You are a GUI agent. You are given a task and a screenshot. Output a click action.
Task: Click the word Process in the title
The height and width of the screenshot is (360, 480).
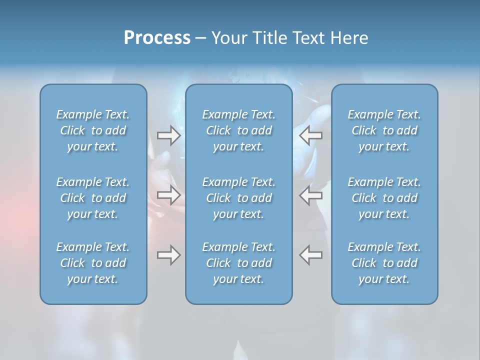pyautogui.click(x=157, y=38)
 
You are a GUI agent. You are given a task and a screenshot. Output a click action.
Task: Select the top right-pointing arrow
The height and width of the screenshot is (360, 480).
pyautogui.click(x=168, y=135)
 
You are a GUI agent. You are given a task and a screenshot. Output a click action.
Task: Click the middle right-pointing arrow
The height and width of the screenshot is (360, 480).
pyautogui.click(x=168, y=195)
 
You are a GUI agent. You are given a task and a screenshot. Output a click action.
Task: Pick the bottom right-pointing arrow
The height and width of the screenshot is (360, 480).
pyautogui.click(x=168, y=255)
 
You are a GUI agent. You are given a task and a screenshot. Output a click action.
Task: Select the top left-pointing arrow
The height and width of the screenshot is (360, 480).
pyautogui.click(x=311, y=135)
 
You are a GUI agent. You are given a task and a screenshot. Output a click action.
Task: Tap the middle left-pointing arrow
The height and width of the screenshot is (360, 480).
pyautogui.click(x=311, y=195)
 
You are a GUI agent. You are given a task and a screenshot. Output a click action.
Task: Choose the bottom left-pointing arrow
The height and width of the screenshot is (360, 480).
pyautogui.click(x=311, y=255)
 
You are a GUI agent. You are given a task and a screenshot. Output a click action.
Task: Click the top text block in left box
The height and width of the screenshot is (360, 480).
pyautogui.click(x=93, y=130)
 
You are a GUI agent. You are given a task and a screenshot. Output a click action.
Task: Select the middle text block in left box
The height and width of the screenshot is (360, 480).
pyautogui.click(x=93, y=198)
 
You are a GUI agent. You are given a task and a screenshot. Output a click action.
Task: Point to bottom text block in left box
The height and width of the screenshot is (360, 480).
pyautogui.click(x=93, y=263)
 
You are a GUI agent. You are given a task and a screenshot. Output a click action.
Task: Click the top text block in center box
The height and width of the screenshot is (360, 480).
pyautogui.click(x=239, y=130)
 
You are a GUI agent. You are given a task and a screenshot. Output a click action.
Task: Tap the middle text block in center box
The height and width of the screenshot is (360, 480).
pyautogui.click(x=239, y=198)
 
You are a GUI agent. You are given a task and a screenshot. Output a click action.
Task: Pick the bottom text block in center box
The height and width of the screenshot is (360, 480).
pyautogui.click(x=239, y=263)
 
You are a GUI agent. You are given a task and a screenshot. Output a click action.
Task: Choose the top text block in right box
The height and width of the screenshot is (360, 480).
pyautogui.click(x=384, y=130)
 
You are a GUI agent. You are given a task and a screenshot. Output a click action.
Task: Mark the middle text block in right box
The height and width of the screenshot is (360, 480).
pyautogui.click(x=384, y=198)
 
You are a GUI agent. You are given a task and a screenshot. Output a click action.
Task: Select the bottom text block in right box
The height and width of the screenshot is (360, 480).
pyautogui.click(x=384, y=263)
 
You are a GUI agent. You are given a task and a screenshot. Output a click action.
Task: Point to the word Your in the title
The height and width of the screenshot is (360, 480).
pyautogui.click(x=228, y=38)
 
